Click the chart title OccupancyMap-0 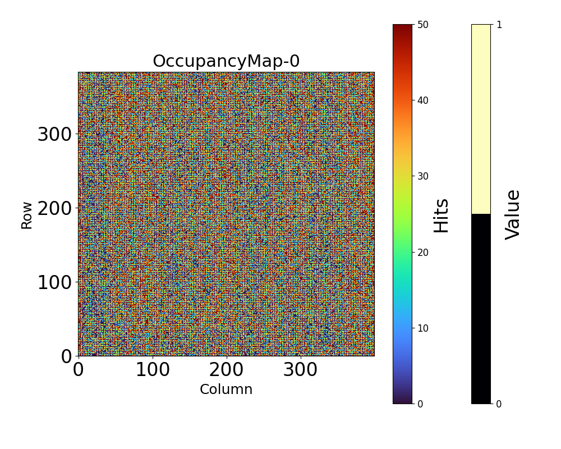click(x=226, y=61)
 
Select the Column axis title click(x=226, y=390)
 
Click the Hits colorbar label click(x=442, y=215)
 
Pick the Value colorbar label click(x=513, y=214)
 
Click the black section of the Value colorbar click(x=481, y=309)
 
